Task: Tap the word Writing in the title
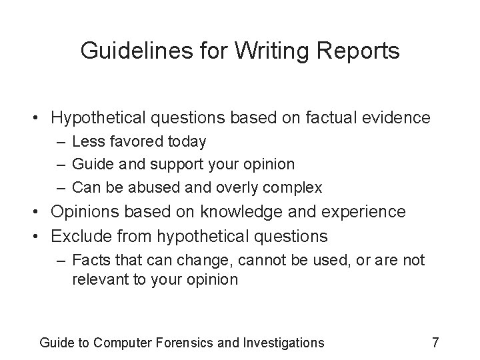(266, 51)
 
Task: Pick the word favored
(133, 141)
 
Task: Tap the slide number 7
(435, 343)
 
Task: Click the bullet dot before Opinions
(43, 213)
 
